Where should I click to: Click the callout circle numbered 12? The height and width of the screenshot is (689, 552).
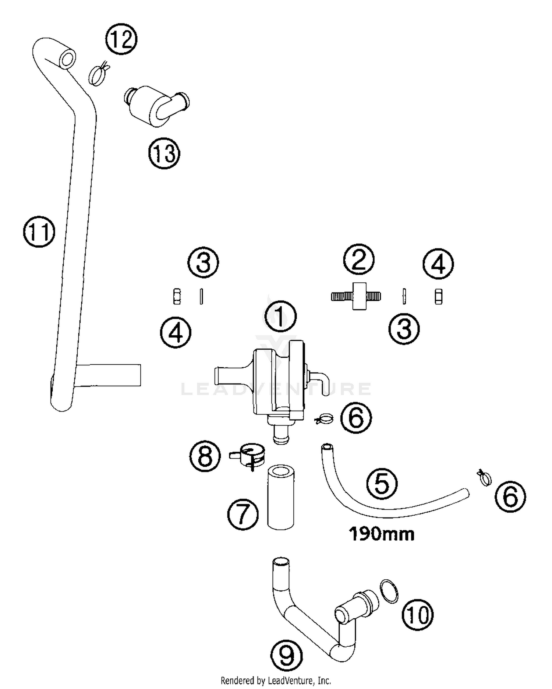(x=121, y=40)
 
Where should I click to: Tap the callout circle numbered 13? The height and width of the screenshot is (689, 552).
(x=164, y=153)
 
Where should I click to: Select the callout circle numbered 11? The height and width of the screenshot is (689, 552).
(x=39, y=232)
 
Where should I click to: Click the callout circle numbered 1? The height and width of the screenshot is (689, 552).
(x=280, y=317)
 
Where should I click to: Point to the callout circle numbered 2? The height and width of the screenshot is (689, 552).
(x=359, y=259)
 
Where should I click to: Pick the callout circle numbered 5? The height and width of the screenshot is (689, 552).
(x=382, y=484)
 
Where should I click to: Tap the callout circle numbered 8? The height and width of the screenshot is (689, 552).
(x=205, y=456)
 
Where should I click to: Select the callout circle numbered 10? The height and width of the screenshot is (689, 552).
(x=417, y=614)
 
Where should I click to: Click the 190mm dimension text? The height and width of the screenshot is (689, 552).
(x=382, y=534)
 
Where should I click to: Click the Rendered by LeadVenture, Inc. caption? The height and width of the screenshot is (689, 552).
(x=276, y=680)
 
